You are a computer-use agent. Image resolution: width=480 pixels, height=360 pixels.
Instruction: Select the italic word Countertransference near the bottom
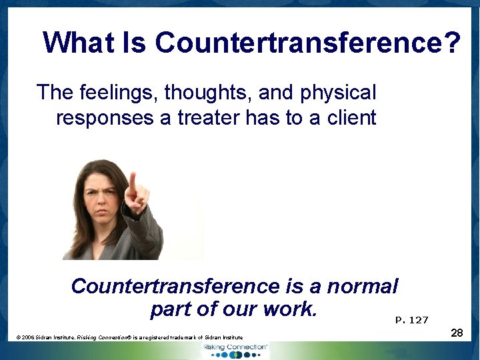tap(176, 287)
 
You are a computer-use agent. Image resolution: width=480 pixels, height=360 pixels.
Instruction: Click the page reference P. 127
tap(411, 320)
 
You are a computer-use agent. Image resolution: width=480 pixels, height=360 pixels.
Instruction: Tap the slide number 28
tap(457, 332)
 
